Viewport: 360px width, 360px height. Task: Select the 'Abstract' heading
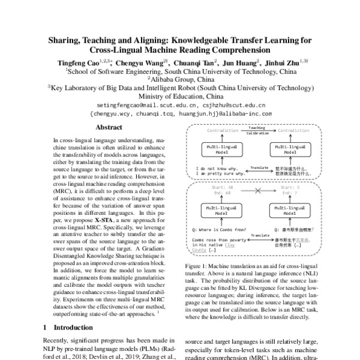click(x=109, y=127)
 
